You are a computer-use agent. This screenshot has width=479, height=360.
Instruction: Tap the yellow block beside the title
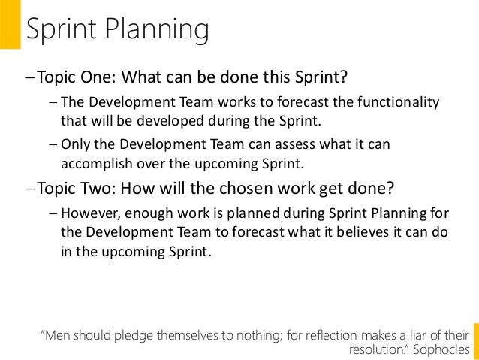tap(10, 24)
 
